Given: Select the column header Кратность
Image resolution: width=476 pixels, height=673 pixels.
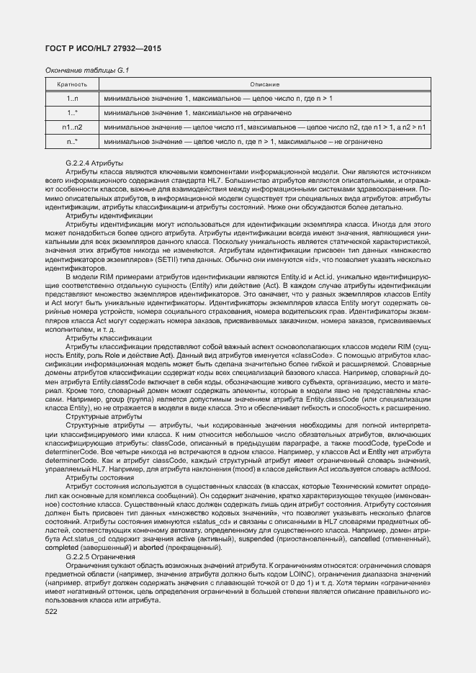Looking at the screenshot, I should pyautogui.click(x=71, y=85).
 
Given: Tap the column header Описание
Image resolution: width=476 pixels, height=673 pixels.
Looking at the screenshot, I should pyautogui.click(x=265, y=85).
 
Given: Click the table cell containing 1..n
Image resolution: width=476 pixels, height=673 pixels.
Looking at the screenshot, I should pyautogui.click(x=71, y=98).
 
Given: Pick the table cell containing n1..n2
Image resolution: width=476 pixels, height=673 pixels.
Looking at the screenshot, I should pyautogui.click(x=71, y=127).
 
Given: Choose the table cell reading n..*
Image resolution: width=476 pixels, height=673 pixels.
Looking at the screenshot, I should pyautogui.click(x=71, y=142).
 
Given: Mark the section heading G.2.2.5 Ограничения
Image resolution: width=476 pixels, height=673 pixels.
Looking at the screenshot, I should pyautogui.click(x=99, y=557).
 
